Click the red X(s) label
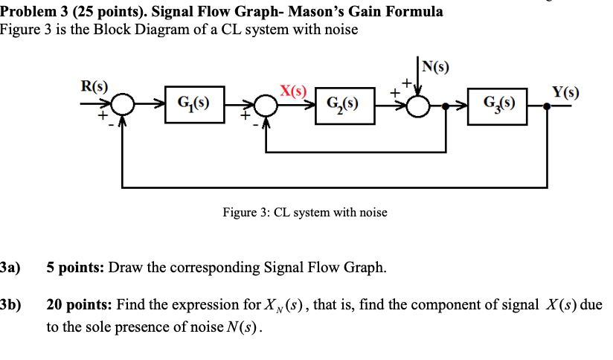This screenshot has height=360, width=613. [293, 92]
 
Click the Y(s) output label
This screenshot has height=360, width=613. [565, 92]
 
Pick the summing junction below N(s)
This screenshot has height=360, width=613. [421, 106]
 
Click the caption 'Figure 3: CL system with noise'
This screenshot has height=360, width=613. [305, 213]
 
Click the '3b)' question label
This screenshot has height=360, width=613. [10, 305]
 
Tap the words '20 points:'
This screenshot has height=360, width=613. [78, 305]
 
